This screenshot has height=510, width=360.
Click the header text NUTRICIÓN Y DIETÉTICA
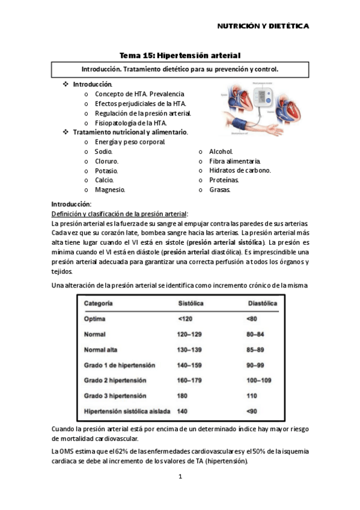click(263, 26)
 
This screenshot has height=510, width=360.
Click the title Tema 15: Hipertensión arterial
click(180, 55)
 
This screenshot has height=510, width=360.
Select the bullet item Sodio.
click(103, 152)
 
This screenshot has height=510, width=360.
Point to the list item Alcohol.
click(221, 152)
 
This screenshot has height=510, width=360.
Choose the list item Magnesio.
click(110, 189)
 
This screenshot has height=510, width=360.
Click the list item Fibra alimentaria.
click(235, 161)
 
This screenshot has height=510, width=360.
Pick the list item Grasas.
click(219, 189)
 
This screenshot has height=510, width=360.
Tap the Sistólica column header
click(192, 304)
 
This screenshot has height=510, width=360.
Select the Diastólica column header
click(263, 304)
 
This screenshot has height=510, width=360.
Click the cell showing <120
click(185, 318)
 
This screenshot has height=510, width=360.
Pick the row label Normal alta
click(103, 349)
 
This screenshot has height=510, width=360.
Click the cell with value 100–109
click(259, 381)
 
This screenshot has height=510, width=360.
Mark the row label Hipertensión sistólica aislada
click(127, 411)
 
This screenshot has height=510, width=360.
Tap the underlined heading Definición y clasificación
click(120, 214)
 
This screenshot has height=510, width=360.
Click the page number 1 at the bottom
click(180, 477)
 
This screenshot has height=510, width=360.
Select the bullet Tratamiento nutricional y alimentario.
click(130, 132)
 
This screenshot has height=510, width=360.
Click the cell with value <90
click(252, 411)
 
